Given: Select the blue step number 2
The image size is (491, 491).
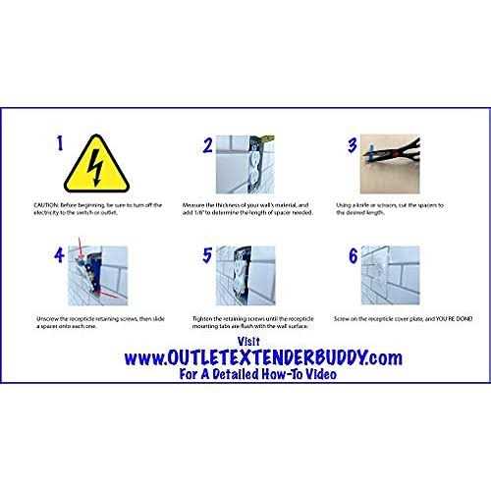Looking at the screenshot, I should (207, 147).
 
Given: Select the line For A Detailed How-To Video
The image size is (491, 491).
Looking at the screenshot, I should (245, 367).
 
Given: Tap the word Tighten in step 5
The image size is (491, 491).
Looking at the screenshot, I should (194, 319).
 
